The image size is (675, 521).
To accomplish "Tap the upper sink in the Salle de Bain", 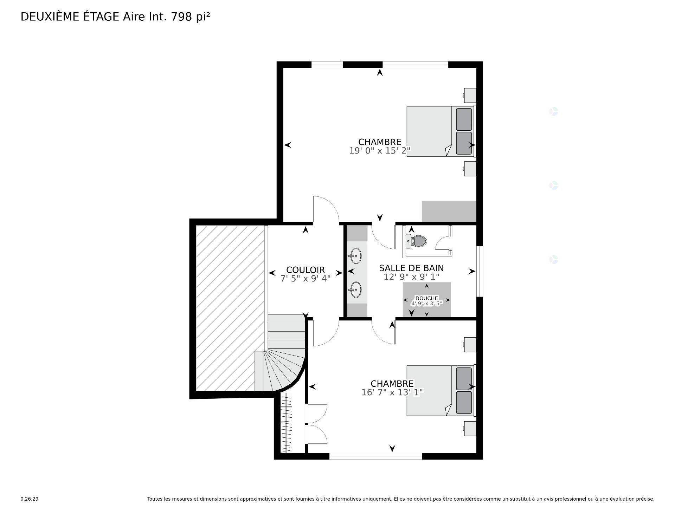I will [356, 256].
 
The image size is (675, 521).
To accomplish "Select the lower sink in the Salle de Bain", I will [356, 289].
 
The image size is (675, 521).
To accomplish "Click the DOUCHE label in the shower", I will [426, 298].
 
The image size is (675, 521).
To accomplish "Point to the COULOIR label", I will [305, 270].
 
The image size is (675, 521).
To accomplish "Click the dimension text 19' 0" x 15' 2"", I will [380, 151].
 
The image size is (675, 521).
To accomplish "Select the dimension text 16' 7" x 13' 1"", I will [392, 392].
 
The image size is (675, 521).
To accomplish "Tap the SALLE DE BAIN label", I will [411, 268].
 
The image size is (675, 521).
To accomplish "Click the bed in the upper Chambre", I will [439, 131].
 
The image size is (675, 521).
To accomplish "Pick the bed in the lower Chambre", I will [439, 390].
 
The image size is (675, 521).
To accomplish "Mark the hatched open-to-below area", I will [229, 307].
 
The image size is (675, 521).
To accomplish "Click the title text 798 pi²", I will [190, 17].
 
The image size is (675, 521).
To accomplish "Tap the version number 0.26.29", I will [29, 499].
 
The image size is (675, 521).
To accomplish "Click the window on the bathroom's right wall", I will [480, 271].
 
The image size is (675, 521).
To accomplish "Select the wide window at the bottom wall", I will [375, 456].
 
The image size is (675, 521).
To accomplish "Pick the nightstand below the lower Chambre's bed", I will [470, 428].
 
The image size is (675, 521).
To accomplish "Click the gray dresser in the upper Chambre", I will [449, 211].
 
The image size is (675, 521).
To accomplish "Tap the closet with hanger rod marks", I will [287, 423].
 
